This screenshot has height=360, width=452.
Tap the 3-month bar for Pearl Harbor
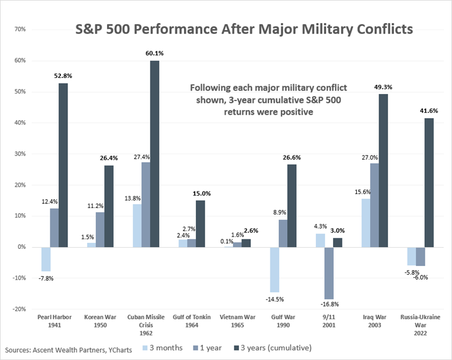pyautogui.click(x=45, y=259)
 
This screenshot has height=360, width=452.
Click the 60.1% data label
pyautogui.click(x=154, y=53)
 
